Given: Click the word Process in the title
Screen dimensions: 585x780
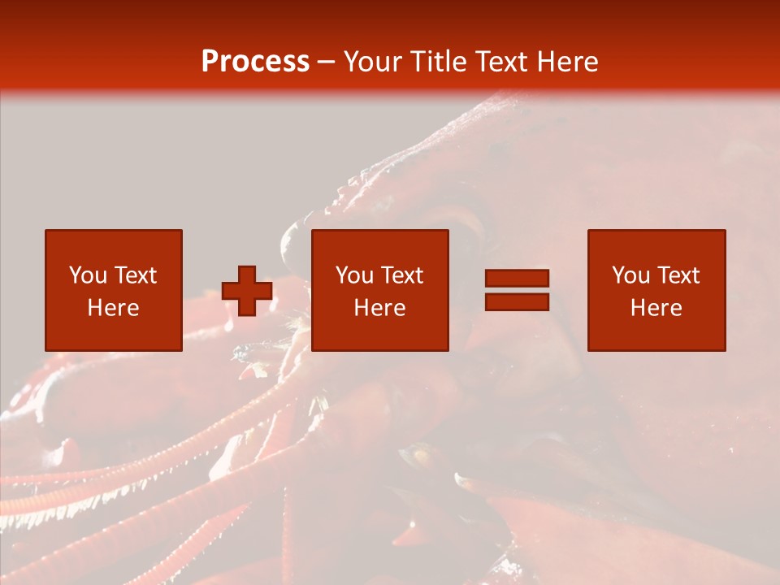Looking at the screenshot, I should click(x=255, y=62).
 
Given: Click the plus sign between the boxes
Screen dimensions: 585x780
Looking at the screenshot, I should click(x=247, y=291).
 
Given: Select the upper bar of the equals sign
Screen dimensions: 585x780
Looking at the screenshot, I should click(x=517, y=279).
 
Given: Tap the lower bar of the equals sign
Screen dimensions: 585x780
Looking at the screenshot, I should click(x=517, y=301).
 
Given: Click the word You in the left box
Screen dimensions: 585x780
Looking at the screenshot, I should click(x=88, y=275).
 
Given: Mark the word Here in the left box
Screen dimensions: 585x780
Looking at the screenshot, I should click(x=113, y=308).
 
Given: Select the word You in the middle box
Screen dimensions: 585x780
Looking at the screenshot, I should click(x=354, y=275).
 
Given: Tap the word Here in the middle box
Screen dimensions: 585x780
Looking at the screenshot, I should click(x=379, y=308).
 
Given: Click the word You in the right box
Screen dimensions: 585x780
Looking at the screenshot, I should click(x=630, y=275).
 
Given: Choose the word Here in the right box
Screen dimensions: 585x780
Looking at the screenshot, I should click(x=656, y=308).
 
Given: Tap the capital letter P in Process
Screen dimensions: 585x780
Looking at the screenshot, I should click(x=210, y=62).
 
